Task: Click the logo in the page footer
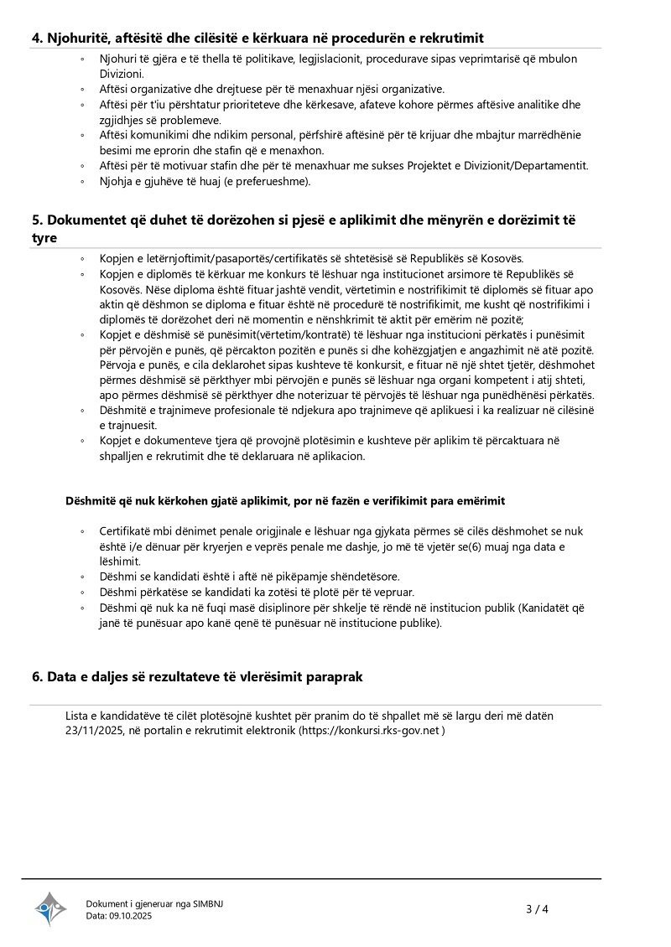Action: coord(50,908)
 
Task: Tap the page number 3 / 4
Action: coord(537,908)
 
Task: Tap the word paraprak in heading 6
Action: coord(334,676)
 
